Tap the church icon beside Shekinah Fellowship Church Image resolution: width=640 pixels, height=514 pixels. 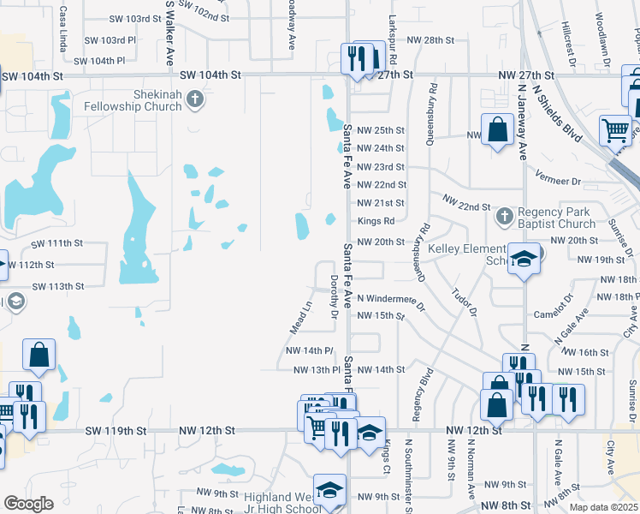click(x=195, y=100)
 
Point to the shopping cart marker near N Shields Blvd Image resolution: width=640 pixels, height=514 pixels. click(x=615, y=130)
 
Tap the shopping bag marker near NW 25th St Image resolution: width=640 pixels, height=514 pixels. click(x=497, y=130)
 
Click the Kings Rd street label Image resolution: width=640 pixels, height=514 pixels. click(x=376, y=222)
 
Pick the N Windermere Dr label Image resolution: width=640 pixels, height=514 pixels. click(x=391, y=298)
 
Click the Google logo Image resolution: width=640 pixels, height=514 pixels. click(x=28, y=503)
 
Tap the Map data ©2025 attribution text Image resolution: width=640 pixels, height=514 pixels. click(x=604, y=507)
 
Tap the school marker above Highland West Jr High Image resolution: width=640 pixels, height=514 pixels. click(x=329, y=489)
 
